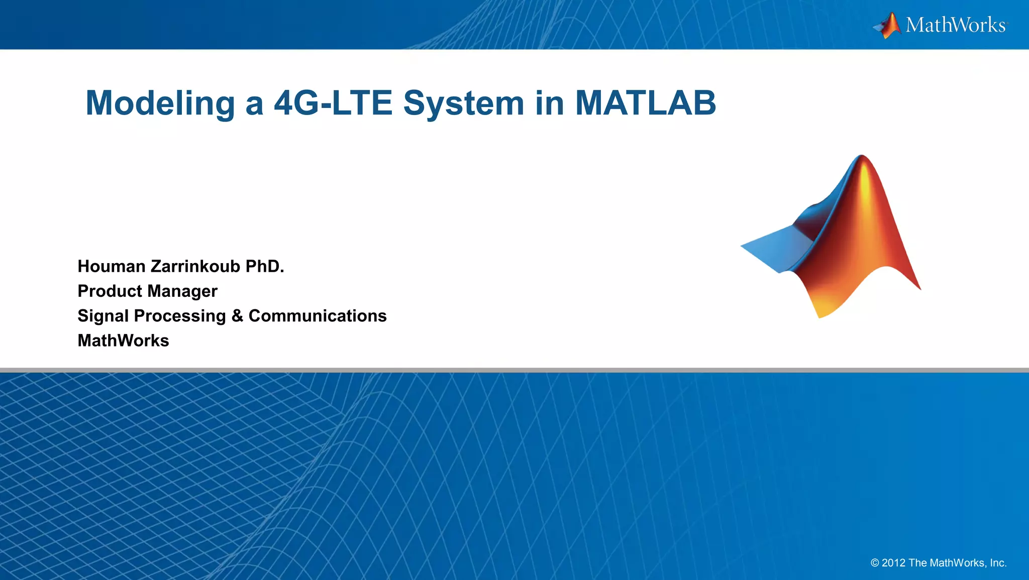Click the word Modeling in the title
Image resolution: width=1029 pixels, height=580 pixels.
[160, 103]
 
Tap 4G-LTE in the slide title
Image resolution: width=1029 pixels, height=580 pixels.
[333, 103]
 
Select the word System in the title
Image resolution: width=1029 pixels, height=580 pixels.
[463, 103]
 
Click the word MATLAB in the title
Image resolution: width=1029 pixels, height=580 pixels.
[645, 103]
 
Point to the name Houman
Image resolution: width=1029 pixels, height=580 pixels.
[112, 266]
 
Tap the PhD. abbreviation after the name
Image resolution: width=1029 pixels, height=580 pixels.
[265, 266]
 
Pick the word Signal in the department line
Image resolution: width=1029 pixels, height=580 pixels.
[101, 316]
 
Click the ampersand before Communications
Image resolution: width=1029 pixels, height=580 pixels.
[237, 316]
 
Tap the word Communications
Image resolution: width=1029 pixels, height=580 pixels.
[318, 316]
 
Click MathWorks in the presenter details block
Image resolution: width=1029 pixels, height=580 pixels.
[123, 340]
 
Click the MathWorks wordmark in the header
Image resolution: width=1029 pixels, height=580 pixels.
[956, 25]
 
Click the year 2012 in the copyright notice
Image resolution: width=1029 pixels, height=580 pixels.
[894, 563]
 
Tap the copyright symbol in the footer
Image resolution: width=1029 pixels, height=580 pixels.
[875, 563]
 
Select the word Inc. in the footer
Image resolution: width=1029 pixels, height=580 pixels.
[998, 563]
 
